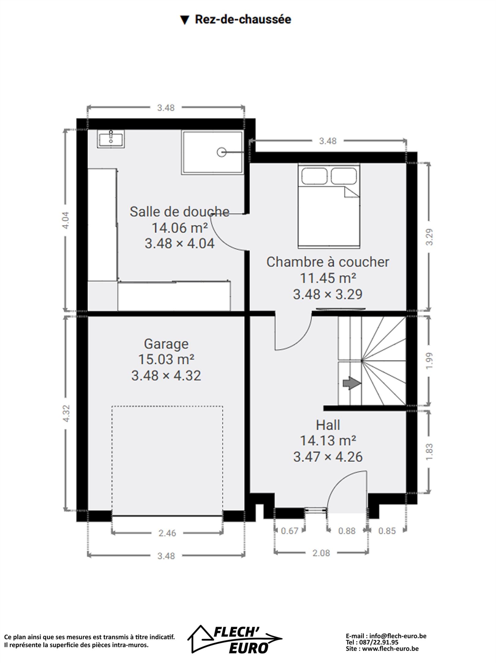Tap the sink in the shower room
tap(111, 139)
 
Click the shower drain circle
tap(221, 152)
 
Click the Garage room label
tap(166, 344)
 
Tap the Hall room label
tap(328, 425)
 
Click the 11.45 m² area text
tap(328, 278)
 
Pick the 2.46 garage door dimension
tap(167, 533)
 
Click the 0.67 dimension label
tap(289, 531)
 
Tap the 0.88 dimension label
tap(347, 531)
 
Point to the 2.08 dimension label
tap(321, 553)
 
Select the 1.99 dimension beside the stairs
tap(430, 361)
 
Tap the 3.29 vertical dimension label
tap(430, 237)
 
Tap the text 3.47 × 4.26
tap(328, 457)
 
